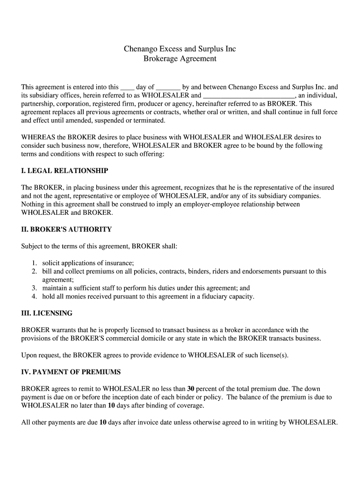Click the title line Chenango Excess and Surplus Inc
click(x=180, y=49)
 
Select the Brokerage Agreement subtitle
click(x=180, y=59)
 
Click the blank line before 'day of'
click(x=127, y=87)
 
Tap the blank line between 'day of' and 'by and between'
click(x=167, y=87)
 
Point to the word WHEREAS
click(x=38, y=138)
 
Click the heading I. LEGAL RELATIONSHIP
click(x=65, y=171)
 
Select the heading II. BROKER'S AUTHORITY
click(x=66, y=230)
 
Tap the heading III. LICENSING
click(x=47, y=313)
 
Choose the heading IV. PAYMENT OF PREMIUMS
click(x=71, y=372)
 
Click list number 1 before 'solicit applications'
click(x=35, y=263)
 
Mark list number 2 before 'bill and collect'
click(x=35, y=272)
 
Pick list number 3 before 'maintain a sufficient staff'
click(x=35, y=289)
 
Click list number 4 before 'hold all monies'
click(x=35, y=297)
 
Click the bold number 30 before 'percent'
click(x=191, y=389)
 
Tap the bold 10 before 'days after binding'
click(x=111, y=406)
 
